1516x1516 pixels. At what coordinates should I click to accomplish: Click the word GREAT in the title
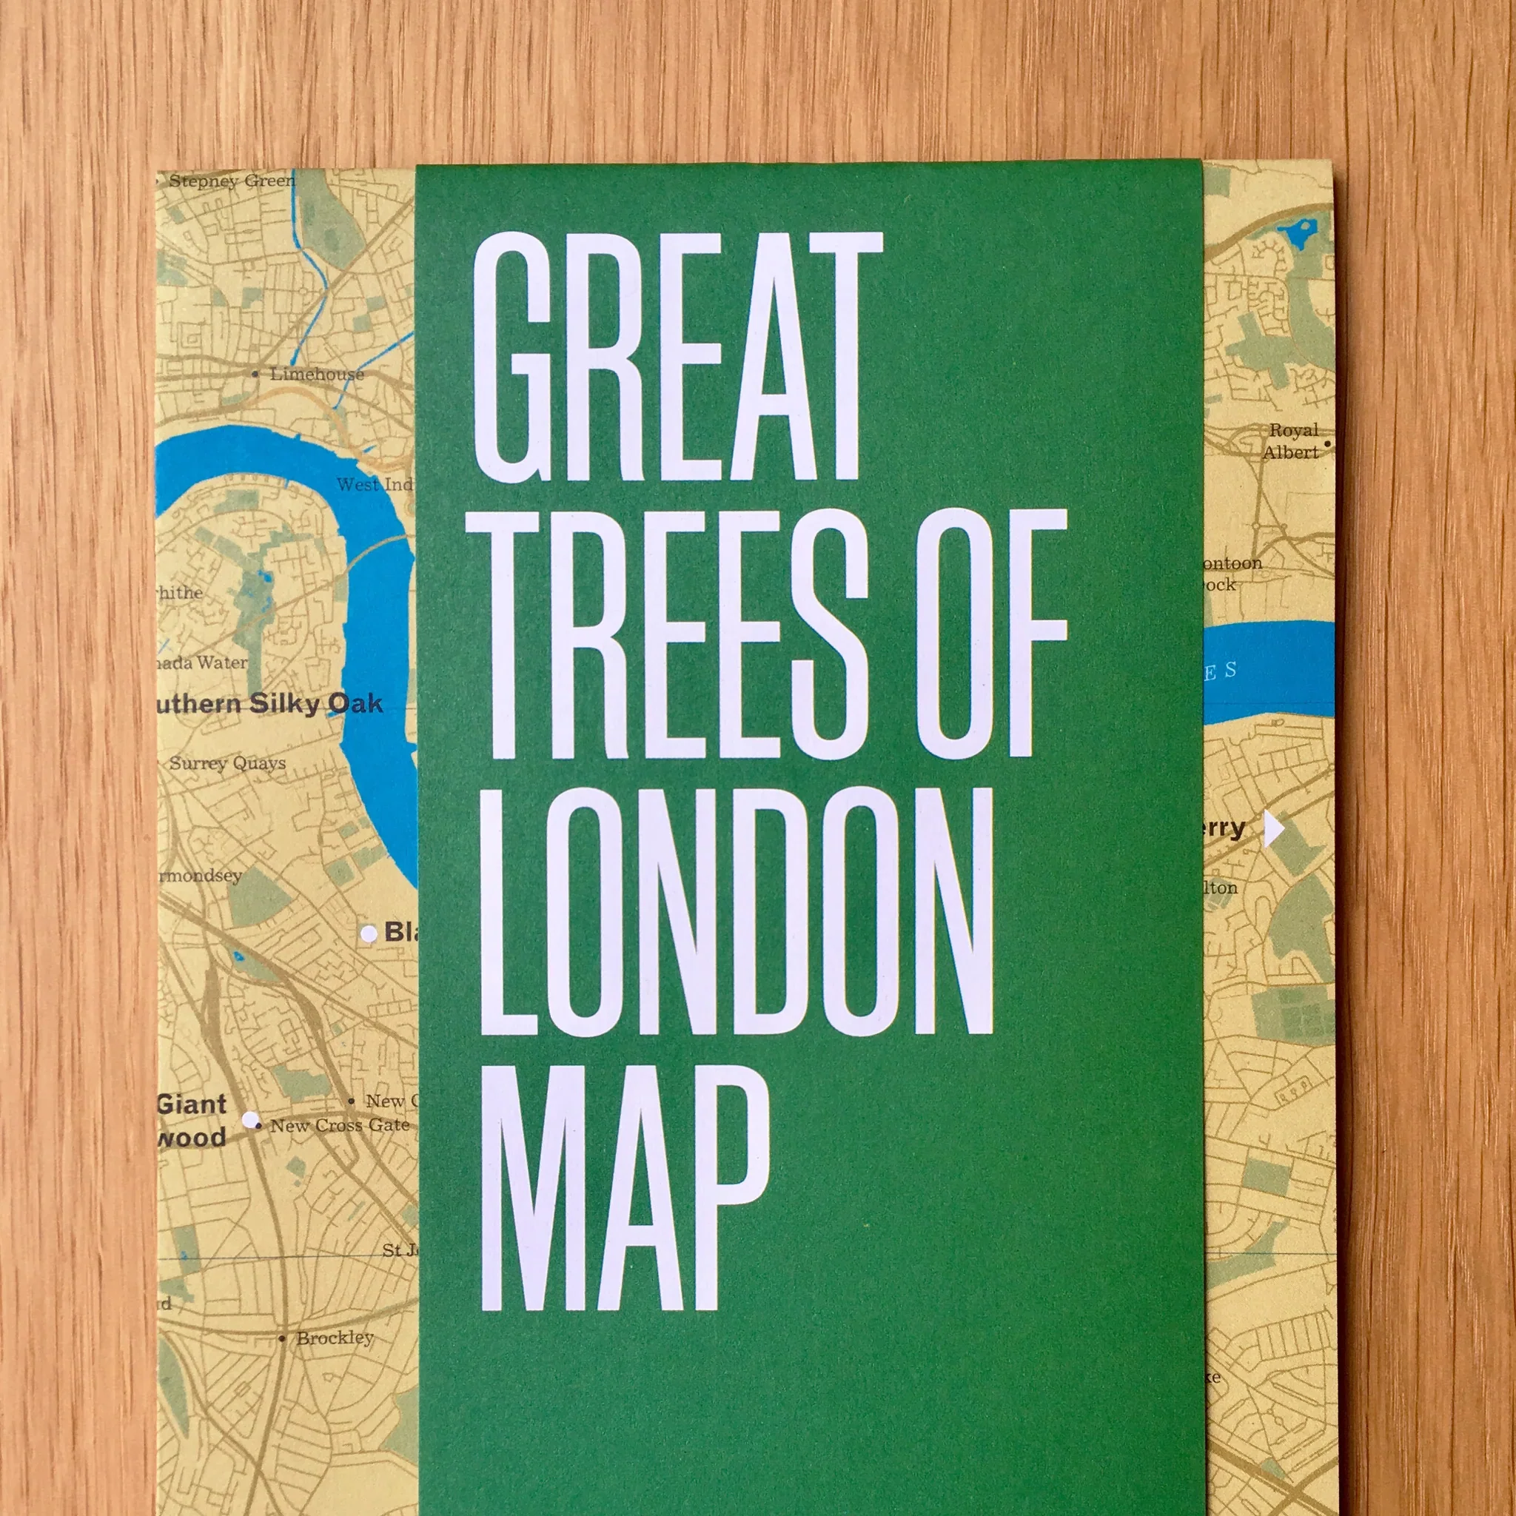click(677, 357)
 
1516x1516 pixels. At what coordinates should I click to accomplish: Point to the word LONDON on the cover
click(736, 910)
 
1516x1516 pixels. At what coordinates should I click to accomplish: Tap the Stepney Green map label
click(232, 181)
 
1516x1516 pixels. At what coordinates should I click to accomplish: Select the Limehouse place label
click(317, 375)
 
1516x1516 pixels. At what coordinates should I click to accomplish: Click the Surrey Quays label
click(227, 762)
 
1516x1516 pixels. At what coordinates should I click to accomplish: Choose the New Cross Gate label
click(340, 1125)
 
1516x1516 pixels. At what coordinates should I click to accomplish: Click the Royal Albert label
click(1292, 441)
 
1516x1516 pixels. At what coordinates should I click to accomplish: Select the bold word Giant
click(192, 1104)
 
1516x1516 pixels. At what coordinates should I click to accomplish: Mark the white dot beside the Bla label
click(368, 933)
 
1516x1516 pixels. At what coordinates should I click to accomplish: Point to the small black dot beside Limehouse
click(255, 375)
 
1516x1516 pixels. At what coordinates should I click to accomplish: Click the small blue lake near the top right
click(1296, 233)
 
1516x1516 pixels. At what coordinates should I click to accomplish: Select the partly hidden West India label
click(375, 485)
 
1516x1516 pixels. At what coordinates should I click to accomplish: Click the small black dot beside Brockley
click(282, 1338)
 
